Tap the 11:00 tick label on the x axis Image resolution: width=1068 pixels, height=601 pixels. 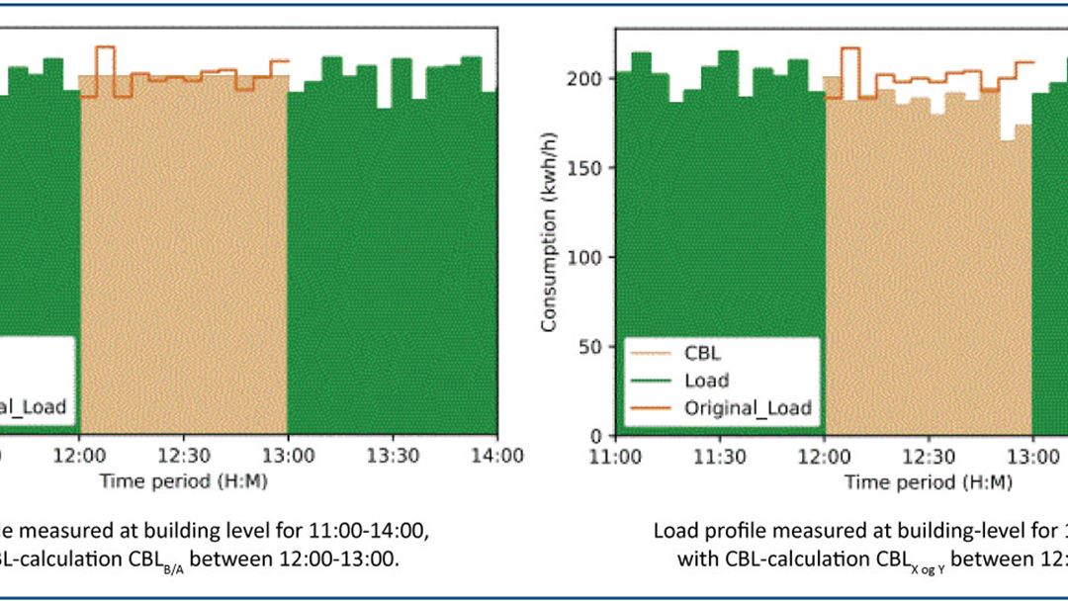[615, 456]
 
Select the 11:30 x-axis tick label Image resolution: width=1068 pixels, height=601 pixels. [720, 456]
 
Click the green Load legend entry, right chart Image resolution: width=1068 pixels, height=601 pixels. [706, 381]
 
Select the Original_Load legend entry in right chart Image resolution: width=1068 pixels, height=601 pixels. [747, 408]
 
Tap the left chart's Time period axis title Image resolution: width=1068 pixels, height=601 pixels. [183, 481]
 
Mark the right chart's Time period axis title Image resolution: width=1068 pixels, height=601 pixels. [929, 481]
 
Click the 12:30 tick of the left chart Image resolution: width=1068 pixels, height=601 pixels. [183, 456]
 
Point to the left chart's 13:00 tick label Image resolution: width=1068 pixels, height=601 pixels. [288, 456]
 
